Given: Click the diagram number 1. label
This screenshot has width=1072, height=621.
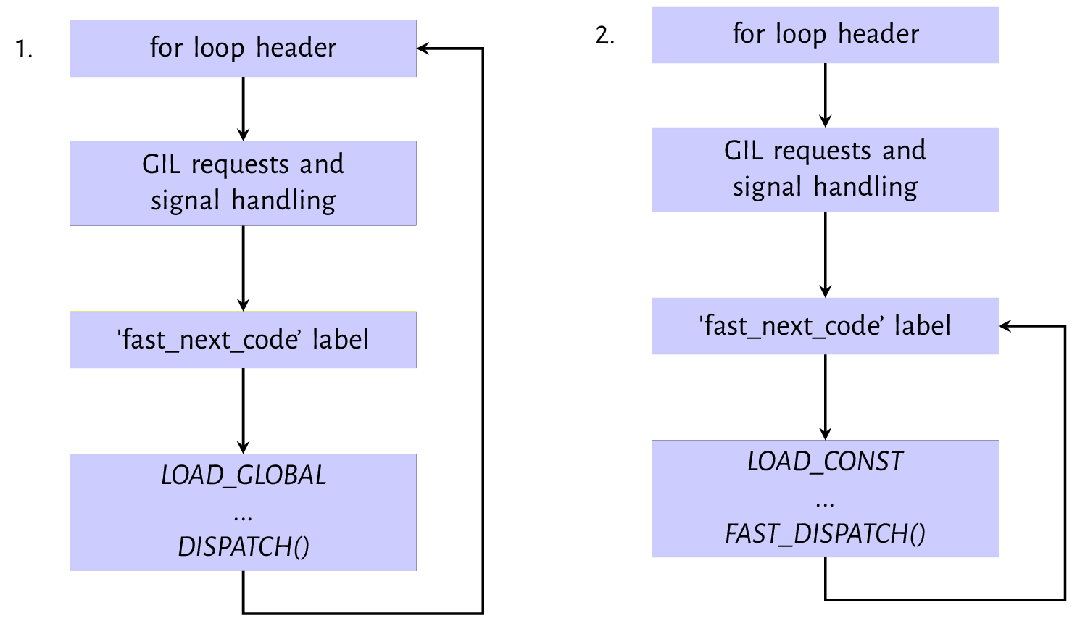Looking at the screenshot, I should (x=24, y=49).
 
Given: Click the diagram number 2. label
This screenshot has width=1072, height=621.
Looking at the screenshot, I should (x=604, y=35).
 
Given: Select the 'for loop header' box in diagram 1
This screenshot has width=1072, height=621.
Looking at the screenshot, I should (x=243, y=49).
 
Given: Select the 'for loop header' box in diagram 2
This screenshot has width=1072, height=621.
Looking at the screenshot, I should (x=825, y=35).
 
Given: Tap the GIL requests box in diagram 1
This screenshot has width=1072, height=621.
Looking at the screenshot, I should (x=243, y=183).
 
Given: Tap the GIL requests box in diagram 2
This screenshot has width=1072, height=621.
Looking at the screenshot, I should (x=825, y=169).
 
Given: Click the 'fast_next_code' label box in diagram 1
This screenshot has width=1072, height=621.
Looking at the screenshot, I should (x=243, y=340).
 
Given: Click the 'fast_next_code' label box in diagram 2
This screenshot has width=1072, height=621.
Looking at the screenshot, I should (x=825, y=326).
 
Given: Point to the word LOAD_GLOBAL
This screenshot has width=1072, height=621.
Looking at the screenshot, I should (x=244, y=475).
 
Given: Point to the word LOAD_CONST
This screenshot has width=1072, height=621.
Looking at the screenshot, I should (x=825, y=462).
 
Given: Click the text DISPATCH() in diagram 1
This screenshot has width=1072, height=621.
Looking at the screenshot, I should (x=244, y=547).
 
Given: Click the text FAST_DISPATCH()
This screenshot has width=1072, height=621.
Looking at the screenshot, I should (x=825, y=534).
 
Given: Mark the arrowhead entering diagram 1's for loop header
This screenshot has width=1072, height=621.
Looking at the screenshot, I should (x=423, y=49).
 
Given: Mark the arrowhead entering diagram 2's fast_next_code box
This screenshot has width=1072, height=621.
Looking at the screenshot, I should (x=1005, y=326).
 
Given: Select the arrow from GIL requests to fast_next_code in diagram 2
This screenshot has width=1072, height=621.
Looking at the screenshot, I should (x=825, y=254).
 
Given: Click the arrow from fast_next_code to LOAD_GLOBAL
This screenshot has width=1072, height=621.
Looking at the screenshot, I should (x=243, y=409).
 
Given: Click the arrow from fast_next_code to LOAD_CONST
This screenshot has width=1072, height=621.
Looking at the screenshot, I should (x=825, y=396).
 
